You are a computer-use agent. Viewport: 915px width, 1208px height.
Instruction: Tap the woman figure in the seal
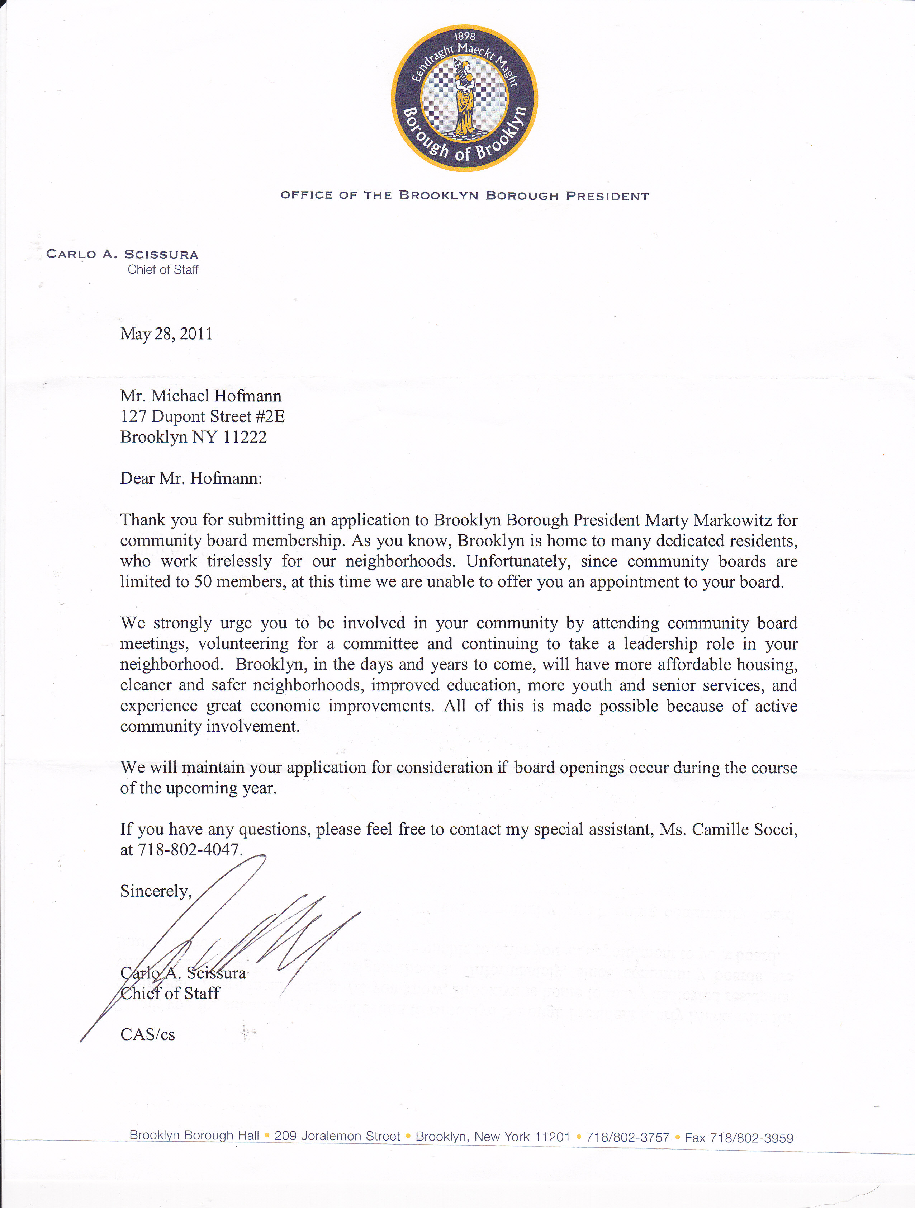coord(465,98)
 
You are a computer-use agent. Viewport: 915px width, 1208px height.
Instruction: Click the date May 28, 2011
coord(166,334)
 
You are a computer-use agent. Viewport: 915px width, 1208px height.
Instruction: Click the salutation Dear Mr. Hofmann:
coord(191,478)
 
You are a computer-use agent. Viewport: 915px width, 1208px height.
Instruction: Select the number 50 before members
coord(203,582)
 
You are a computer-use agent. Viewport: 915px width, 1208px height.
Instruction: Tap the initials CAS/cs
coord(147,1034)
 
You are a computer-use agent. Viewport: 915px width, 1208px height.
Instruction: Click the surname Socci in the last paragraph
coord(774,829)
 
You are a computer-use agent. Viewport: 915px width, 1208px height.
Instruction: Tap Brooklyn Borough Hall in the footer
coord(194,1135)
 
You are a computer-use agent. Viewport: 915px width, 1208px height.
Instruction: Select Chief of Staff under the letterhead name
coord(163,270)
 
